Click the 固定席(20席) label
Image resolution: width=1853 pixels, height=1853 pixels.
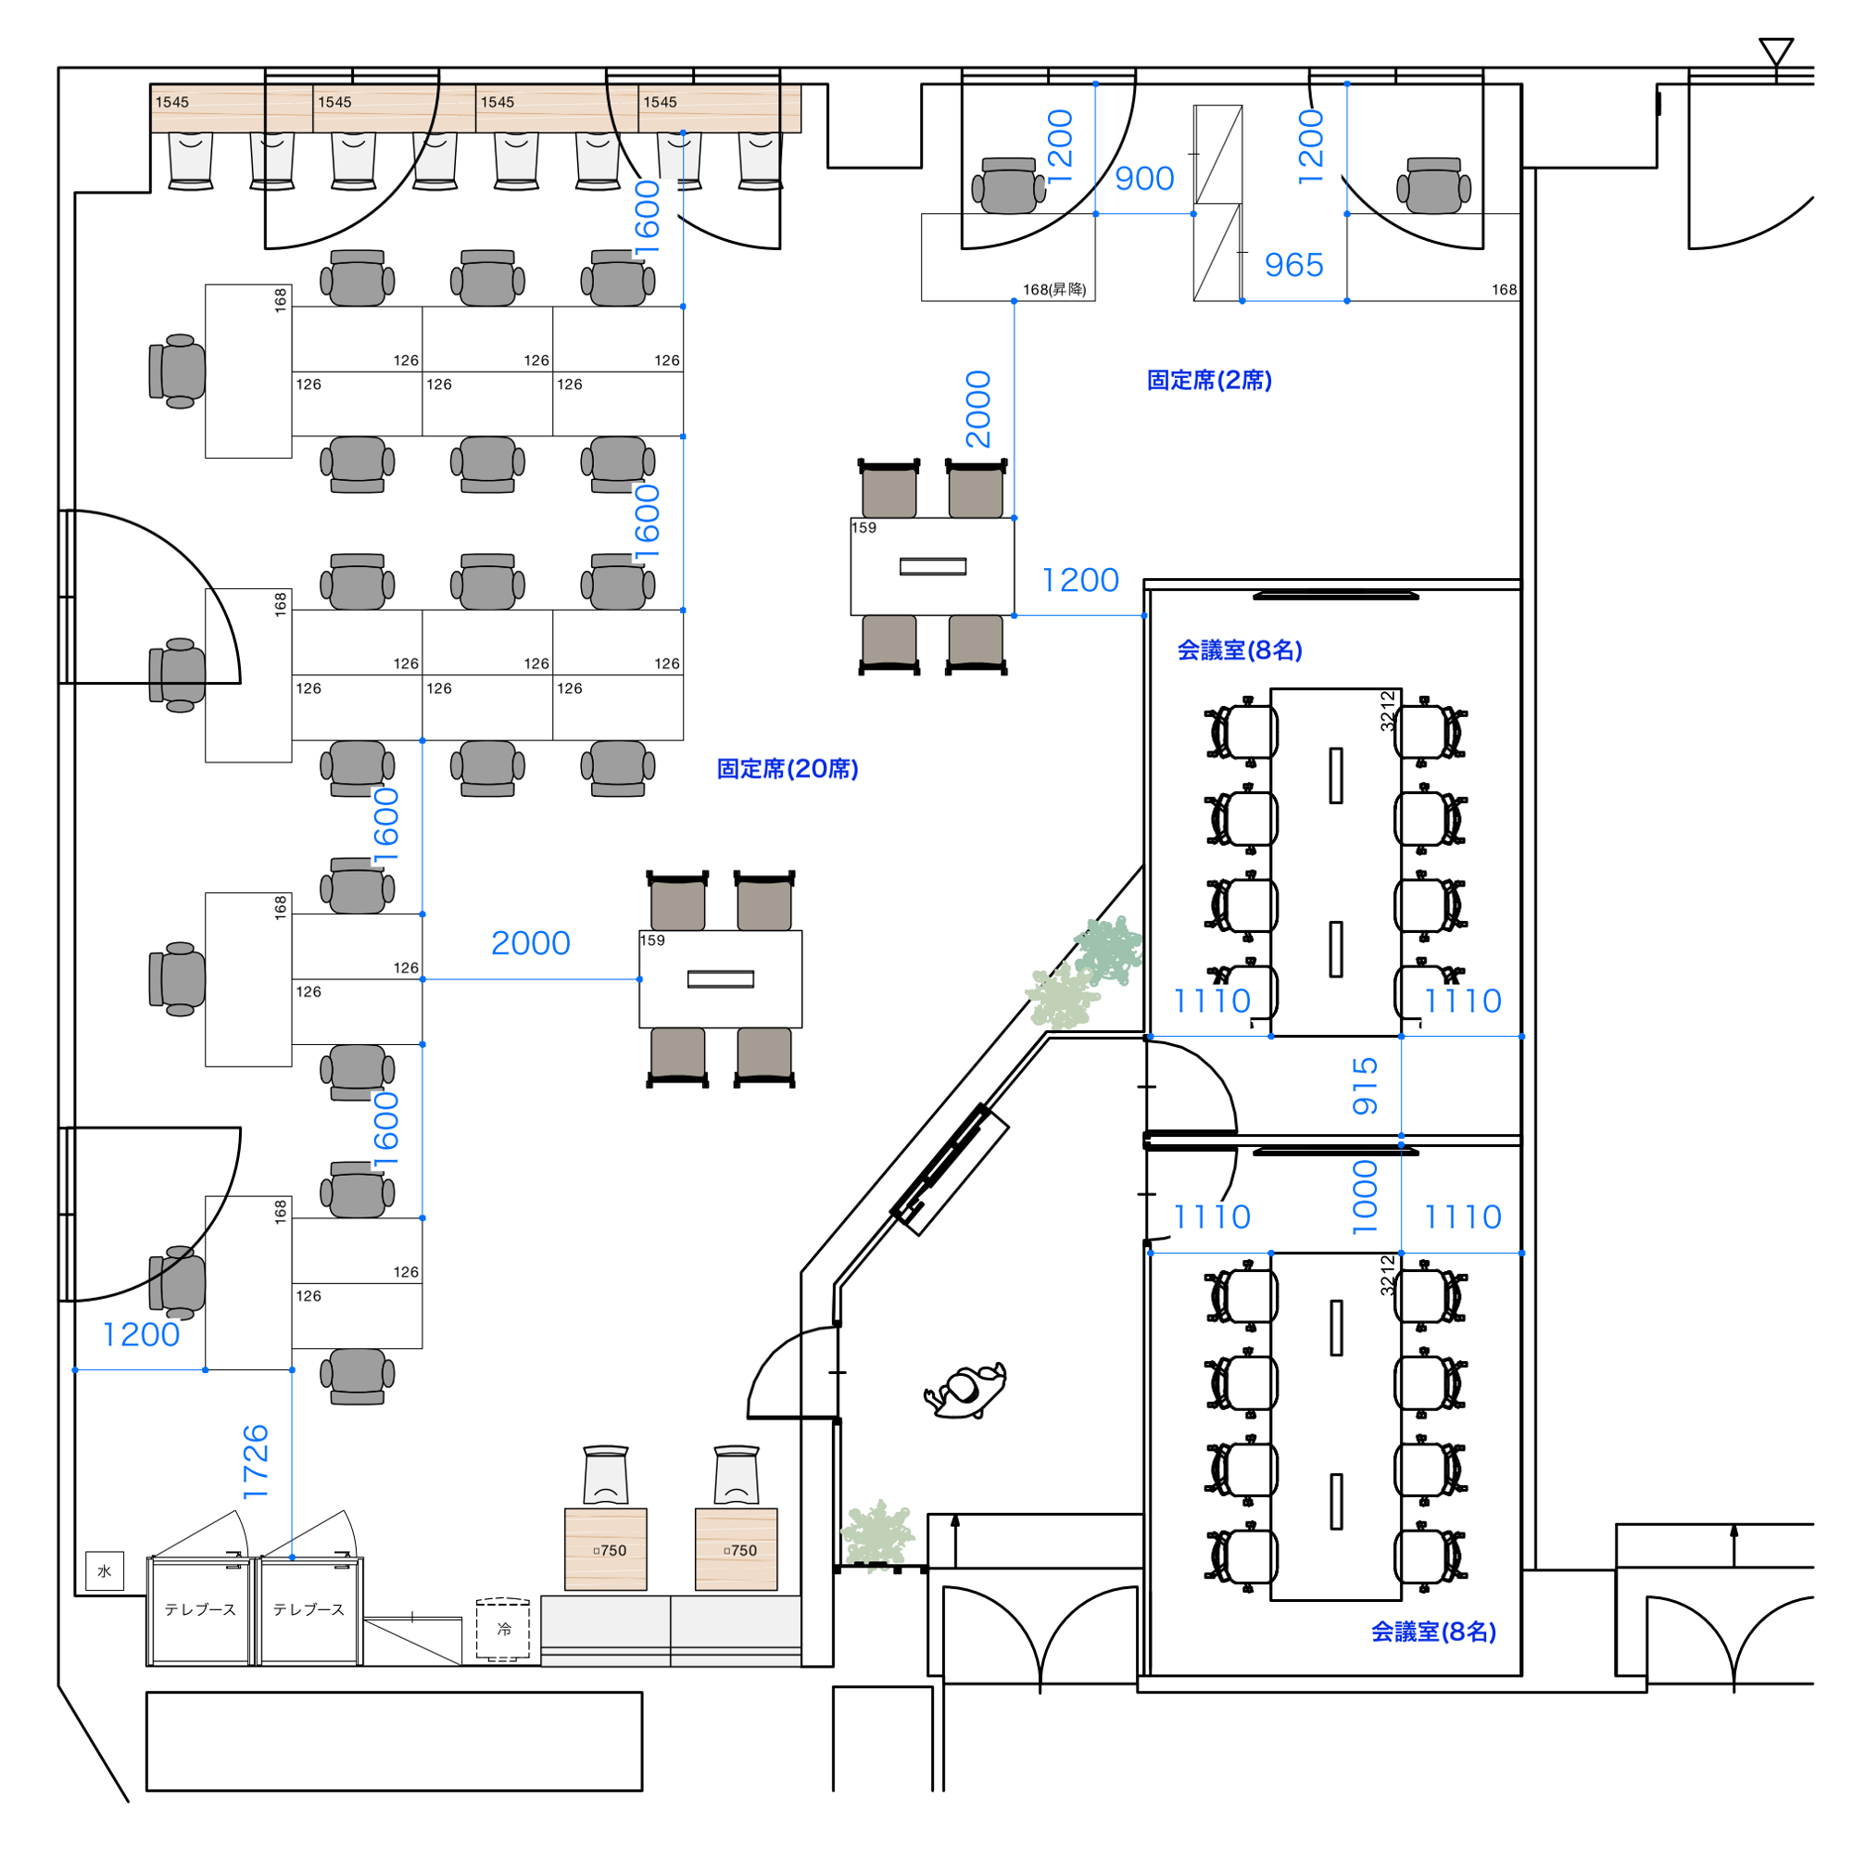click(x=788, y=768)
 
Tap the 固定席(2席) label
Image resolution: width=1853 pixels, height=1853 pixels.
click(x=1209, y=380)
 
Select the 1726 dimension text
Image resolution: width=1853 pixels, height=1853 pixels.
click(x=256, y=1463)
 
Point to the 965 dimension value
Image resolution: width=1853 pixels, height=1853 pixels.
click(x=1293, y=265)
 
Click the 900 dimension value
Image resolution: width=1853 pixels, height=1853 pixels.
click(x=1144, y=179)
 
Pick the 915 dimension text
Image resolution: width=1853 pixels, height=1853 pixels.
click(x=1365, y=1087)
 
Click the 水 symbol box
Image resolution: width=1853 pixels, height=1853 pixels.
click(x=105, y=1571)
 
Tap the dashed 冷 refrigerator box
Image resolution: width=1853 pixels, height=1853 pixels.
click(x=503, y=1629)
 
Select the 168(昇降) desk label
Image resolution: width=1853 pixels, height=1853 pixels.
click(x=1054, y=290)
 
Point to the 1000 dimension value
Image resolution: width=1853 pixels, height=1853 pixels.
click(x=1365, y=1198)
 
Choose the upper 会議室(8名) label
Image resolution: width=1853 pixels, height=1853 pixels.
click(x=1241, y=650)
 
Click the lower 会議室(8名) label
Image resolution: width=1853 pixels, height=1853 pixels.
click(x=1434, y=1632)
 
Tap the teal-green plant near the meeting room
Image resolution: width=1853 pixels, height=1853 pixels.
click(x=1110, y=950)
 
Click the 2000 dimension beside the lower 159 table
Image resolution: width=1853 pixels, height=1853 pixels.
click(x=530, y=943)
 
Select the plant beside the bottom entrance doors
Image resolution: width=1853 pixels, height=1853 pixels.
click(x=876, y=1536)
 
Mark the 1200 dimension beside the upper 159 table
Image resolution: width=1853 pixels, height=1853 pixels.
click(x=1080, y=580)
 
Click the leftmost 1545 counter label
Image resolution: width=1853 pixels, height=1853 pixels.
click(x=172, y=102)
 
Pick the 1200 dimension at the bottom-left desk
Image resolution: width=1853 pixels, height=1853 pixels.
click(x=141, y=1335)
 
